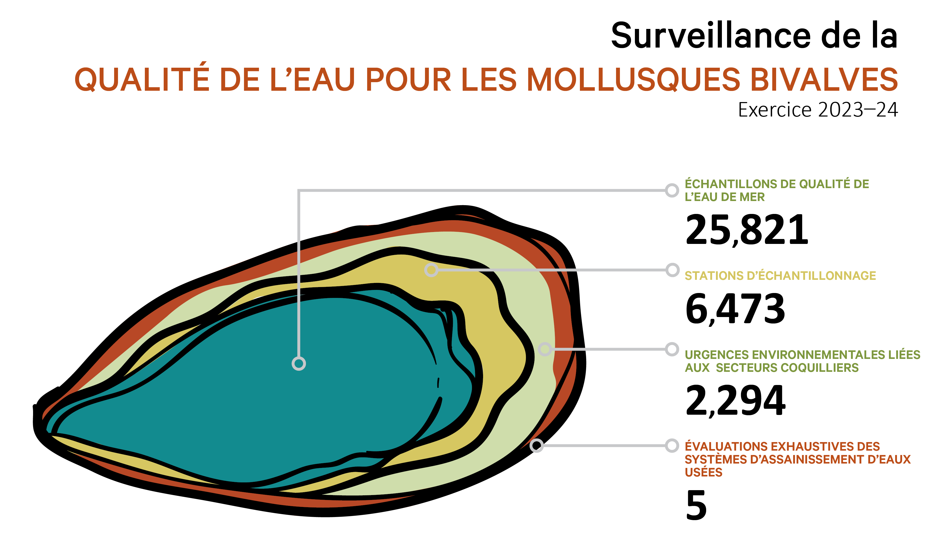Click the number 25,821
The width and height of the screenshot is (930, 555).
[x=746, y=230]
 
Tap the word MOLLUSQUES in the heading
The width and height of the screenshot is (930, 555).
[x=633, y=80]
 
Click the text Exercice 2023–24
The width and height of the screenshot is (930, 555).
[x=817, y=110]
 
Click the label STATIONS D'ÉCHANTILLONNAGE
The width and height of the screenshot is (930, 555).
[x=780, y=276]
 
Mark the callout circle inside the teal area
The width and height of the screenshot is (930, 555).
[x=298, y=364]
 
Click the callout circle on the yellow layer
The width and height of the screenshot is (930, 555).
[x=431, y=270]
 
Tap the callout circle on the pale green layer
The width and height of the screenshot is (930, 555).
[x=545, y=349]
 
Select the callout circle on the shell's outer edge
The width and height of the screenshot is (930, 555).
[x=537, y=445]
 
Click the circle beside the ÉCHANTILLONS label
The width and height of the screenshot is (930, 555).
[x=672, y=190]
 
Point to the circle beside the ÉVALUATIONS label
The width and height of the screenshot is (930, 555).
[x=672, y=445]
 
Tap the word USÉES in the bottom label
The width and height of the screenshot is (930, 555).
[x=703, y=472]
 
